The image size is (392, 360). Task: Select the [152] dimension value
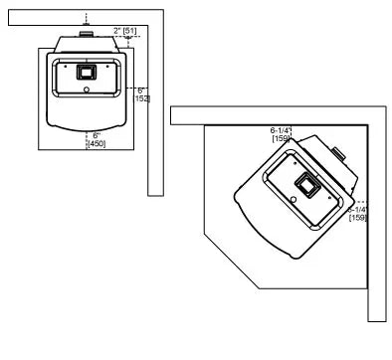(x=142, y=98)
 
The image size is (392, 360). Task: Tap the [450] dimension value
(x=97, y=144)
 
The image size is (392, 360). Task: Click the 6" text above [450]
(x=97, y=134)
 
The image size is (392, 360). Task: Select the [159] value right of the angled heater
(x=358, y=217)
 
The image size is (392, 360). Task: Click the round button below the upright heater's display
(x=86, y=90)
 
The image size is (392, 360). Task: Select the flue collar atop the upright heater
(x=88, y=33)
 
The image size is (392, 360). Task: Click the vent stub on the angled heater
(x=340, y=156)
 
